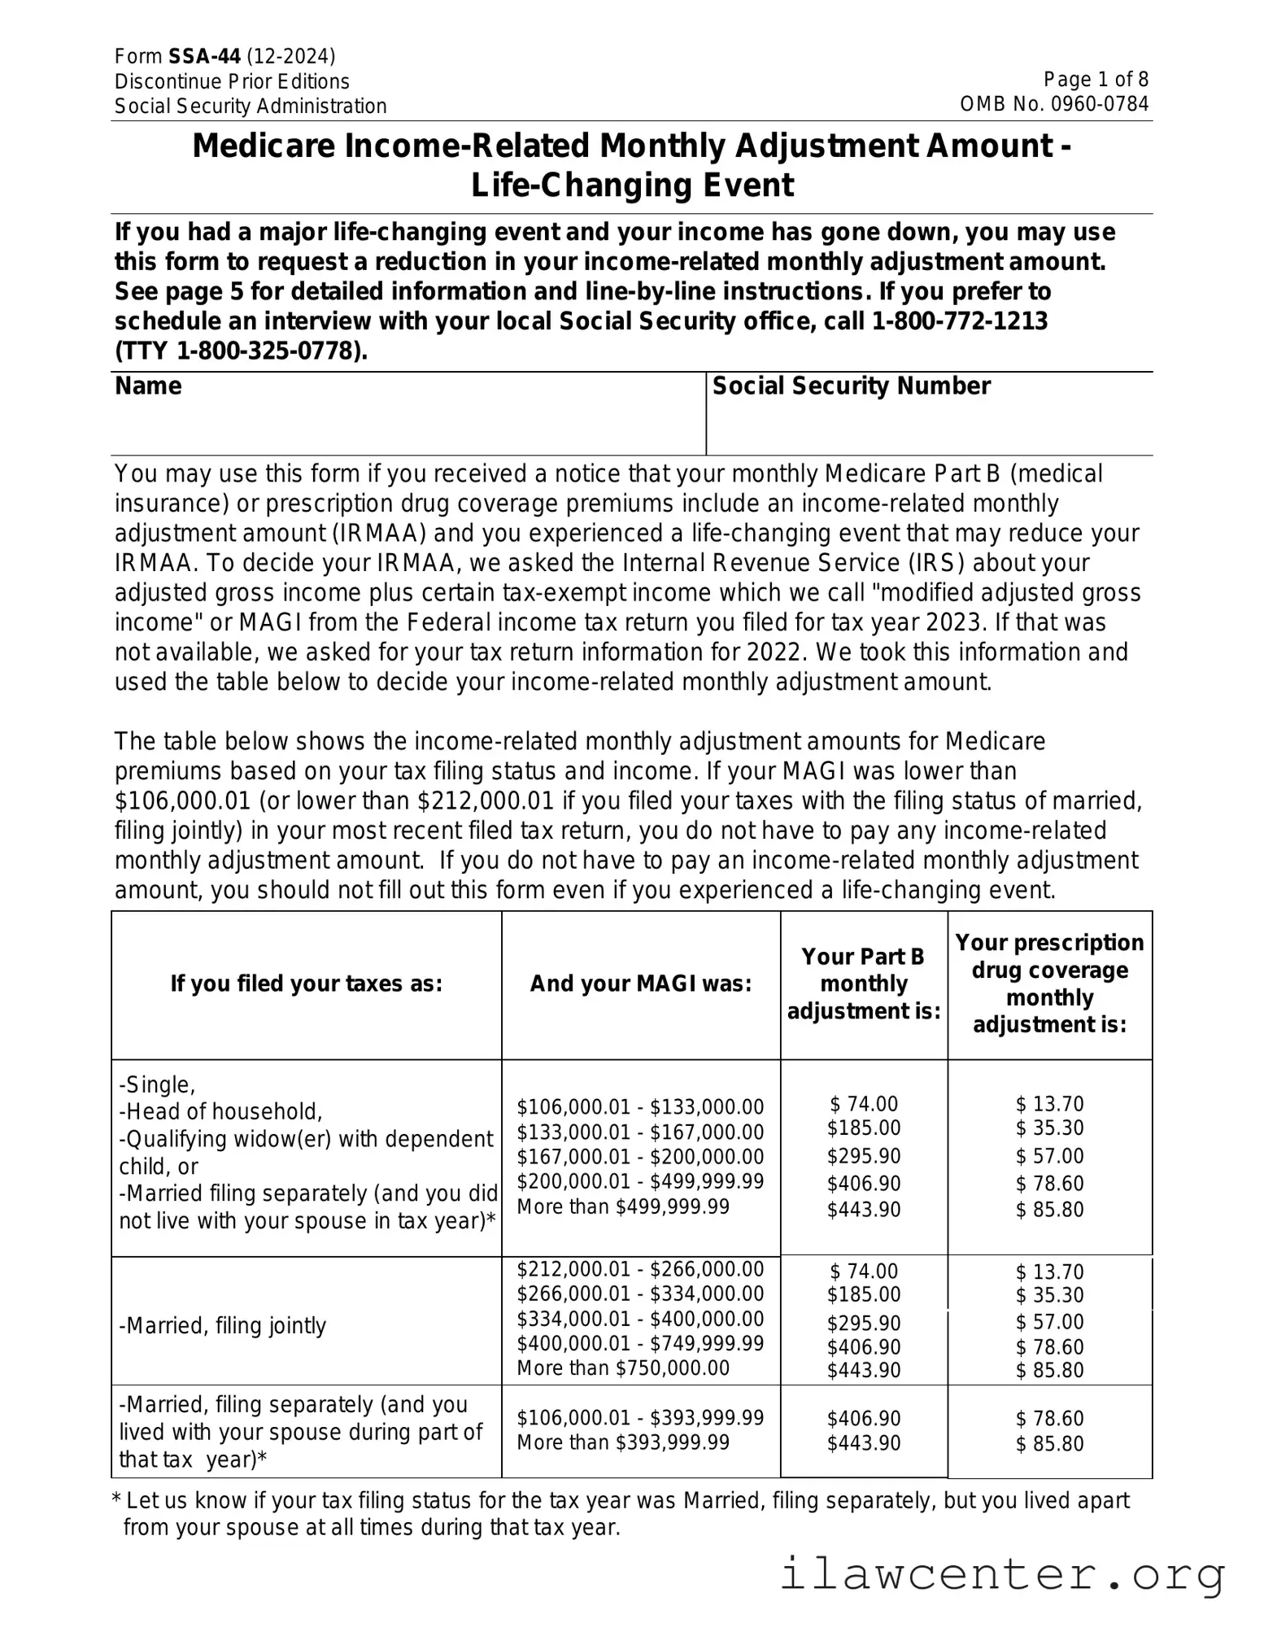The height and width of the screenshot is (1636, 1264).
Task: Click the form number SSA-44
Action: (x=204, y=56)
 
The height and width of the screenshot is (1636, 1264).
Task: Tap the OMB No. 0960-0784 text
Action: (x=1054, y=104)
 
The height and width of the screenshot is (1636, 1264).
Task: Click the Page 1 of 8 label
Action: (x=1096, y=79)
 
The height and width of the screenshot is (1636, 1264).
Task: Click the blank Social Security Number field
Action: (x=929, y=426)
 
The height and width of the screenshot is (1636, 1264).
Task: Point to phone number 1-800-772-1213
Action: (x=959, y=321)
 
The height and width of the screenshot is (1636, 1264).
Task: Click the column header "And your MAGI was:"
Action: (x=641, y=984)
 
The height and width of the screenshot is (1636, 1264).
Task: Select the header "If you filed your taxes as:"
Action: (x=306, y=984)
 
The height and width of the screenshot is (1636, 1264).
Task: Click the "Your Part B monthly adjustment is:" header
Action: (x=864, y=984)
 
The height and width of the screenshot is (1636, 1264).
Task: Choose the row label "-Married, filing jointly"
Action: (x=223, y=1326)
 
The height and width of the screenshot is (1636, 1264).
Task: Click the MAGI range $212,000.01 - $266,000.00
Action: (x=640, y=1269)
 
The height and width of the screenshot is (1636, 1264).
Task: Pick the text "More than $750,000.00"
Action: (x=623, y=1368)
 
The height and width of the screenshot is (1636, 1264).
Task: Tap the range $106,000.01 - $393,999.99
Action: (x=640, y=1418)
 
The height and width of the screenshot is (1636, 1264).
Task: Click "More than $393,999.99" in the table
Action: (x=623, y=1442)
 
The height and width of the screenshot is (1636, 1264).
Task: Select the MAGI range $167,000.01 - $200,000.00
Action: (x=640, y=1156)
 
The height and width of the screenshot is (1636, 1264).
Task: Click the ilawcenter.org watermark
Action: (x=1002, y=1574)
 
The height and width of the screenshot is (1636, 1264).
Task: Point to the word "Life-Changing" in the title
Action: (x=562, y=185)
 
